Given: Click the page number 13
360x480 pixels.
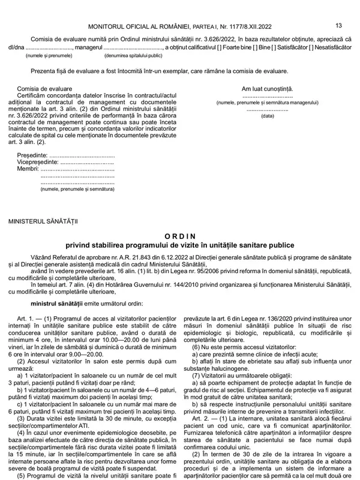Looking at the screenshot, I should (339, 25).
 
